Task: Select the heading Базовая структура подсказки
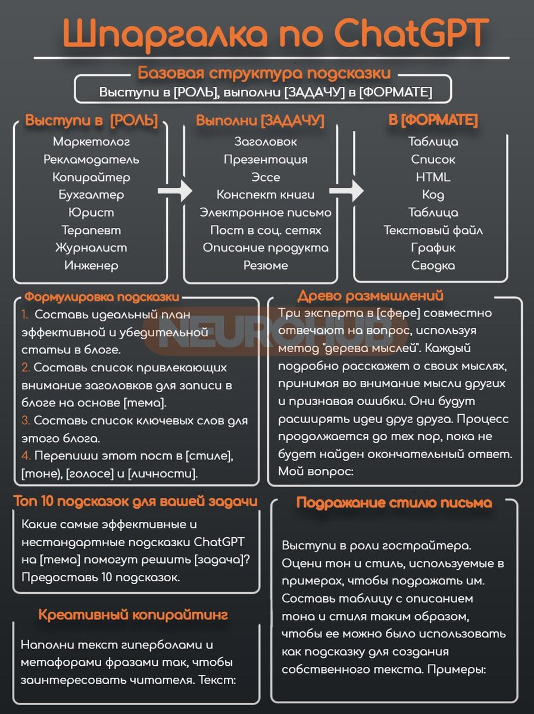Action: (264, 74)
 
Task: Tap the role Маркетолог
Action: (91, 142)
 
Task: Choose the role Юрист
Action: (91, 212)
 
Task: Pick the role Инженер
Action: (91, 265)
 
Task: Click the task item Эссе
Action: (266, 177)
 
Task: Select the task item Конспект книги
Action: (266, 195)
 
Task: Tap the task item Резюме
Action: (266, 265)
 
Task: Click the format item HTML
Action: (433, 177)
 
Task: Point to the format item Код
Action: (433, 195)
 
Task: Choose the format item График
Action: (433, 248)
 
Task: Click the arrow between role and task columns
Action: (175, 192)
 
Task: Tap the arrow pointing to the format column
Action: (346, 192)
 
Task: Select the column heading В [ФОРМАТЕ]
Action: (433, 121)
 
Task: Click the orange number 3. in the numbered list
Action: (26, 421)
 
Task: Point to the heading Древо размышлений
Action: (370, 296)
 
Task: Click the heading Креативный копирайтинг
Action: (133, 615)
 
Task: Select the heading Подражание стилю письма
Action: (394, 503)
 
